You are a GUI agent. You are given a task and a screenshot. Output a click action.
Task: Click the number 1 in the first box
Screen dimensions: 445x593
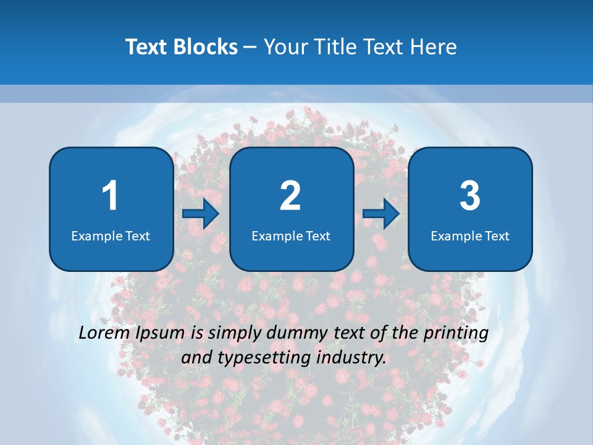[110, 196]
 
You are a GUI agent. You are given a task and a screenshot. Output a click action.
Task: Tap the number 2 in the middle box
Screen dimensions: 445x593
[290, 196]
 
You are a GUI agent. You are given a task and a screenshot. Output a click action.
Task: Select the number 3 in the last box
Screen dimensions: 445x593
[470, 196]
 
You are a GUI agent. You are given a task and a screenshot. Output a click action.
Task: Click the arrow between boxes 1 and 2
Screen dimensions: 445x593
[201, 214]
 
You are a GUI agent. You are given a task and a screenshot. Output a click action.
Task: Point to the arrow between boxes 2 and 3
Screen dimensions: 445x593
[381, 214]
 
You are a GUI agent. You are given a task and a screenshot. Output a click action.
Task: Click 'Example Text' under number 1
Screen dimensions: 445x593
[111, 235]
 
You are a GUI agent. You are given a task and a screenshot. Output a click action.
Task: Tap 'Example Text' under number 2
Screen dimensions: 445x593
[291, 235]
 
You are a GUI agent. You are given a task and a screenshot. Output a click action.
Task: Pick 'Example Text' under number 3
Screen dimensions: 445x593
[470, 235]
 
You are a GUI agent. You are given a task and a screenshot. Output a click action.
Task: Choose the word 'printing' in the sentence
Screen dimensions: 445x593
[457, 333]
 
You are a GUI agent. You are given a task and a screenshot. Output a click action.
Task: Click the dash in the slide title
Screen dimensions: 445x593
[250, 47]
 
